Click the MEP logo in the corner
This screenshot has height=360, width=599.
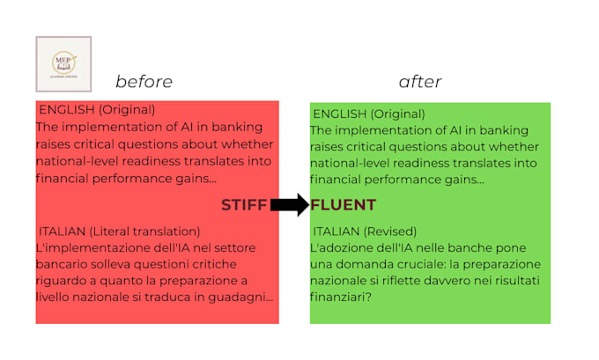63,64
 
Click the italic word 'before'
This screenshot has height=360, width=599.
144,82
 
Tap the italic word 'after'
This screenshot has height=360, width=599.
420,82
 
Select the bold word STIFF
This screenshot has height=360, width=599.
244,205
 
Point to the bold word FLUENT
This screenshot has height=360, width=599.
343,205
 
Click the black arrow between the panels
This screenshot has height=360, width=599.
290,205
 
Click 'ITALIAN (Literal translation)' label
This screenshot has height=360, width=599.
120,231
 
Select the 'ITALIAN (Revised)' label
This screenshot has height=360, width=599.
365,231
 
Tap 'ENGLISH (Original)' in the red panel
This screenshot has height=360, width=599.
97,110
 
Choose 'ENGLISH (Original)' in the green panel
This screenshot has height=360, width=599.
369,114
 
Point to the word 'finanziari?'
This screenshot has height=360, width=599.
341,297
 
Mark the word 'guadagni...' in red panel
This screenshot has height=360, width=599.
240,298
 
